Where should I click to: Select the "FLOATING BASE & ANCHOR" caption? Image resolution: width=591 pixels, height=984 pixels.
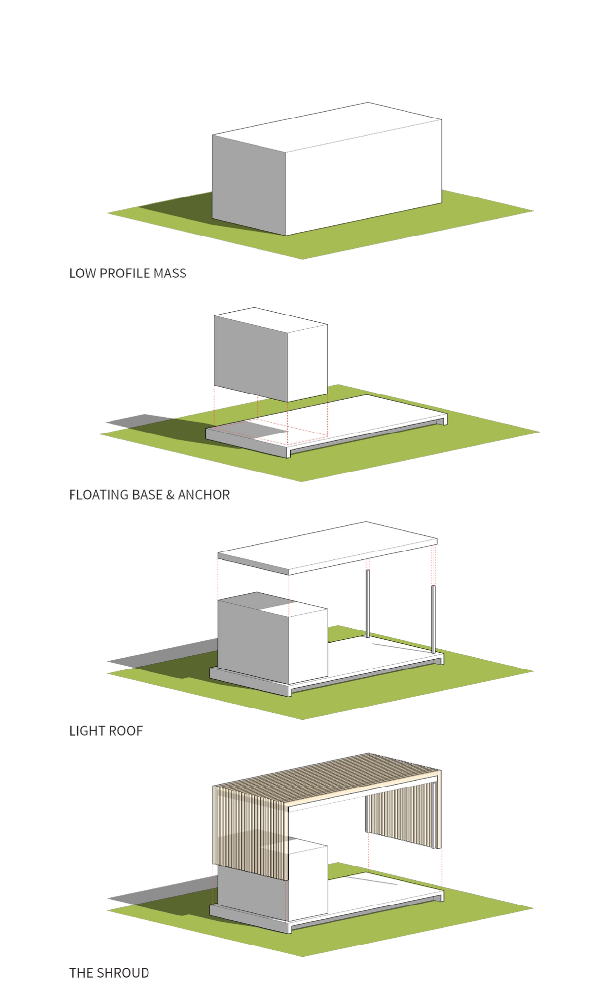(x=149, y=494)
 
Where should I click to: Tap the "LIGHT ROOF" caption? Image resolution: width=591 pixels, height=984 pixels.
(x=106, y=730)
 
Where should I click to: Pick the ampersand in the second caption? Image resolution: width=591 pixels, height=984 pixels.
(x=168, y=494)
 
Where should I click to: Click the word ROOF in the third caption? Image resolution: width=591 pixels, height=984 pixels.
(x=129, y=730)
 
